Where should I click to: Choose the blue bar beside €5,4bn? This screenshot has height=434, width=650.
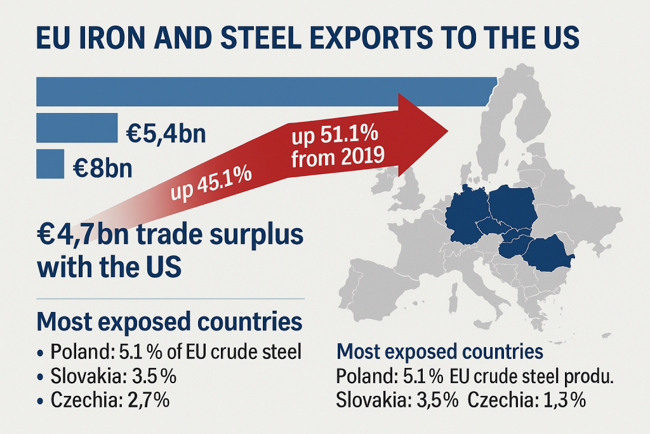77,128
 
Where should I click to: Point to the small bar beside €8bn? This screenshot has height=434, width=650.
50,163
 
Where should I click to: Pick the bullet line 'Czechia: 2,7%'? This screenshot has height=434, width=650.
112,401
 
